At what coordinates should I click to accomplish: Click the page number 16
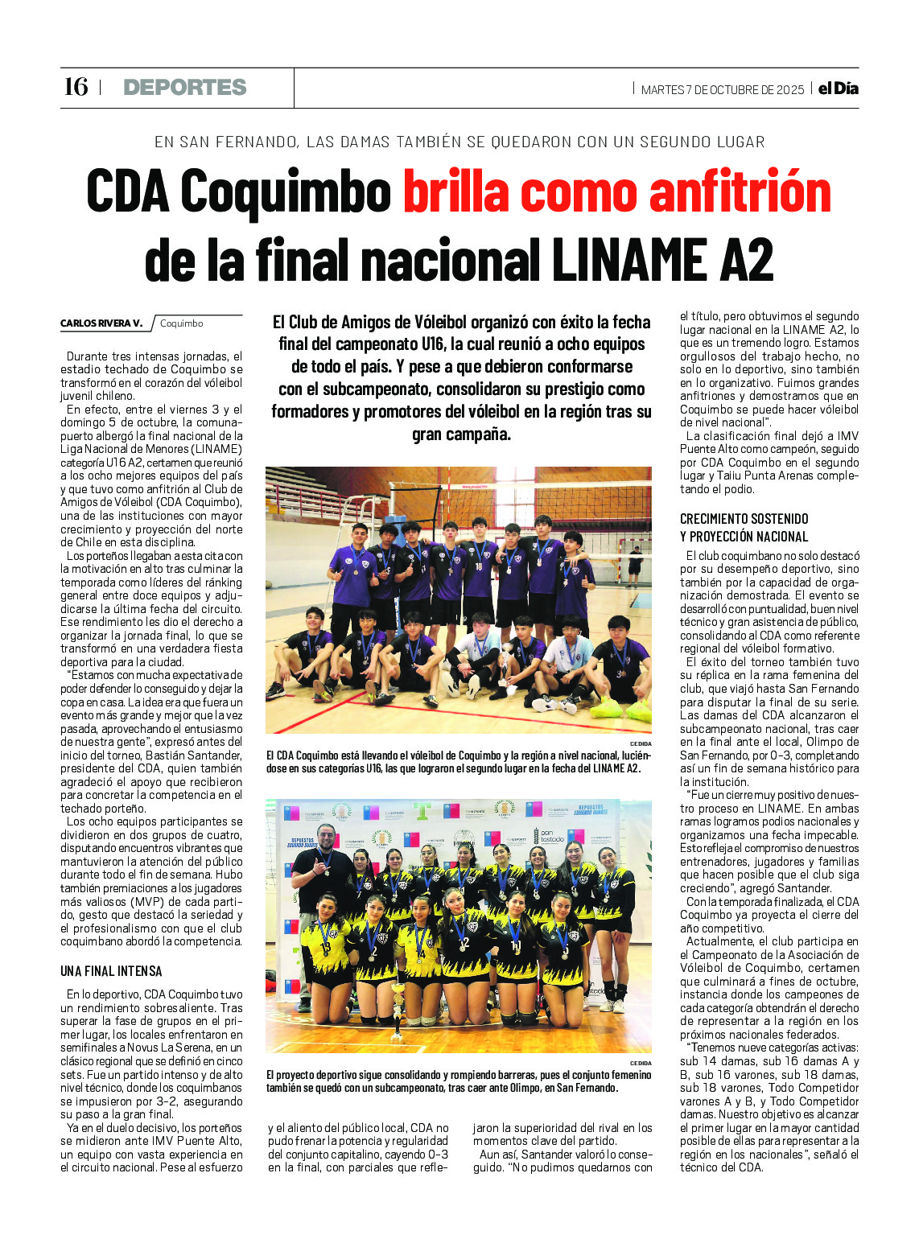pyautogui.click(x=76, y=87)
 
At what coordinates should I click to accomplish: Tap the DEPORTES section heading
pyautogui.click(x=185, y=88)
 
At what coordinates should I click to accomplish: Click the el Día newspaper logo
pyautogui.click(x=838, y=89)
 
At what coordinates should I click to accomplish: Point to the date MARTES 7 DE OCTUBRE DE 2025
pyautogui.click(x=722, y=90)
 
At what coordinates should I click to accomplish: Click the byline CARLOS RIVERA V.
pyautogui.click(x=101, y=323)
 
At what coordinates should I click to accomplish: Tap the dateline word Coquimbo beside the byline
pyautogui.click(x=182, y=323)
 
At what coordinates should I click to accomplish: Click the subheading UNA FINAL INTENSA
pyautogui.click(x=111, y=971)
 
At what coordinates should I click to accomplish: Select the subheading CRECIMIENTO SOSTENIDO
pyautogui.click(x=744, y=519)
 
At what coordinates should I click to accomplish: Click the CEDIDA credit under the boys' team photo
pyautogui.click(x=641, y=743)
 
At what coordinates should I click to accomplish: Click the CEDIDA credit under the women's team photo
pyautogui.click(x=641, y=1063)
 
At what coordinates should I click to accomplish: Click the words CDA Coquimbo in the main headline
pyautogui.click(x=239, y=192)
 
